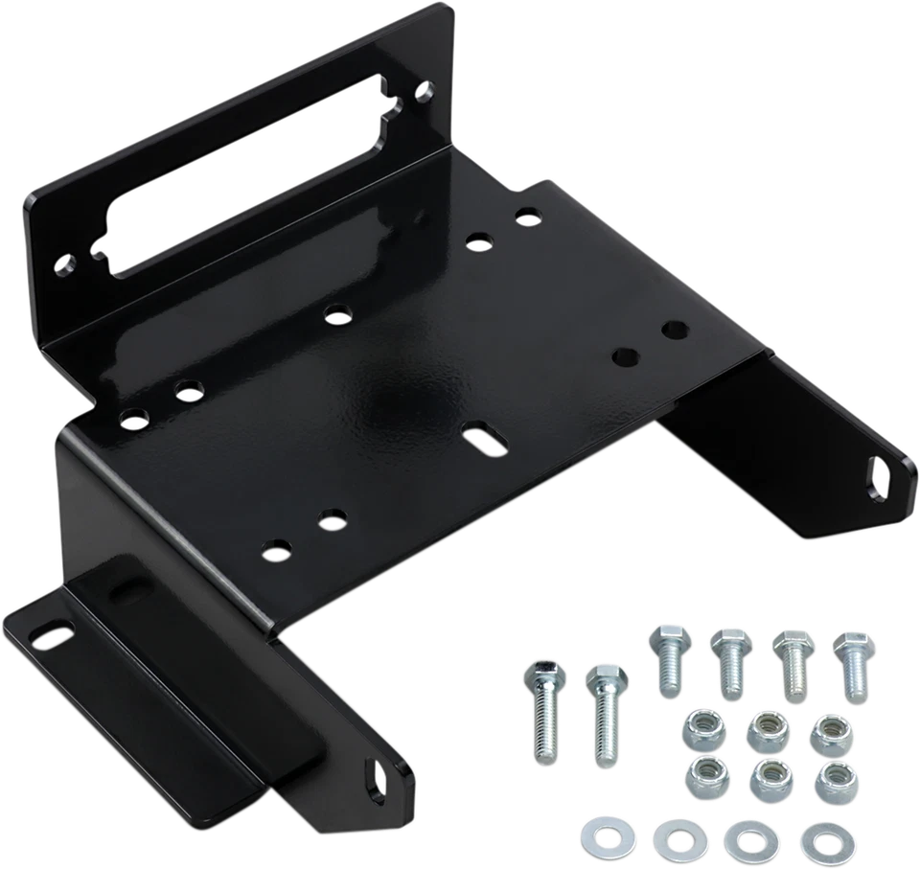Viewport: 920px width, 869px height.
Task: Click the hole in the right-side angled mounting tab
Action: pos(878,474)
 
